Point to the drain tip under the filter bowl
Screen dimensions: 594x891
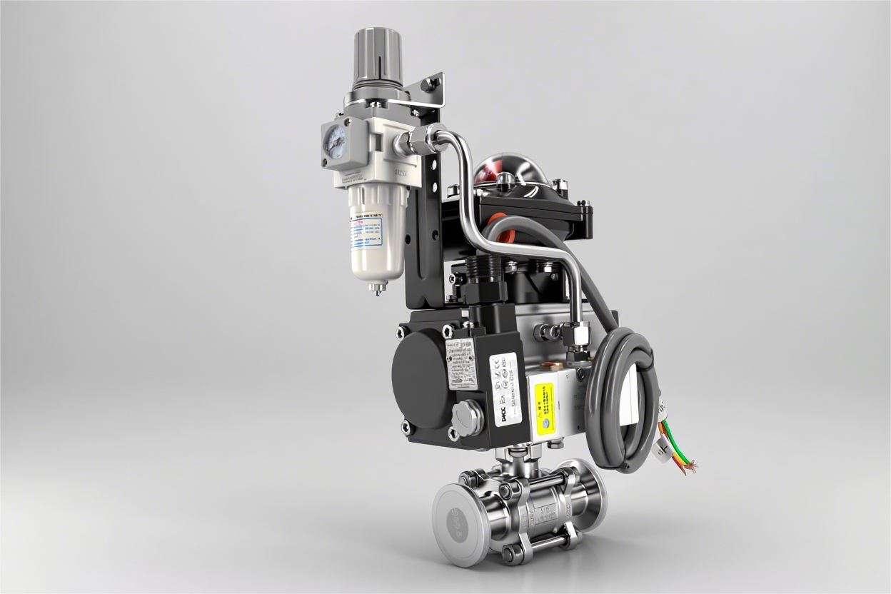(373, 288)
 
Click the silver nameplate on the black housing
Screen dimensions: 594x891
(460, 363)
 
